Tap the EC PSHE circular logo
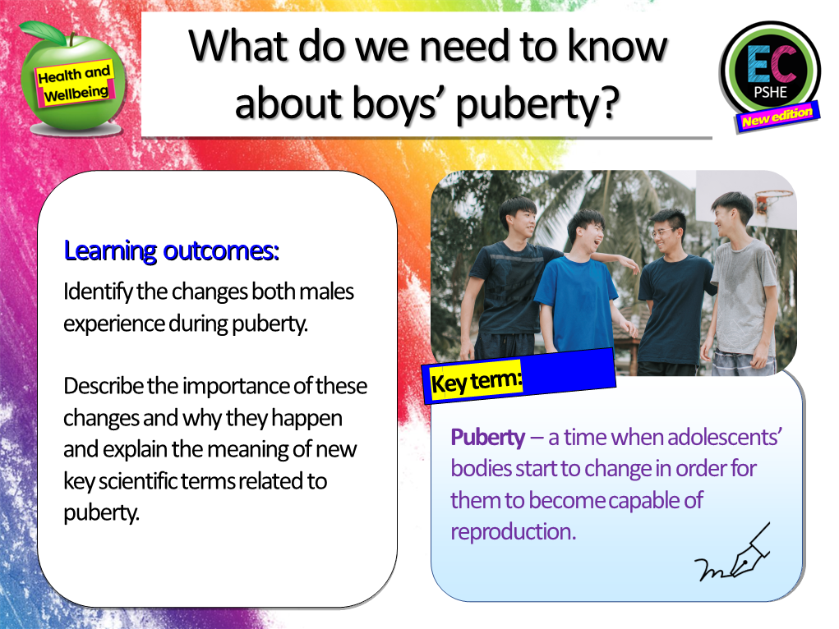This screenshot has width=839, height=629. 769,69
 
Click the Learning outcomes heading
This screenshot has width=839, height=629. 172,251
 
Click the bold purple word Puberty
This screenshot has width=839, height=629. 487,438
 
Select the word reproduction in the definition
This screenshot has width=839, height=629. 513,531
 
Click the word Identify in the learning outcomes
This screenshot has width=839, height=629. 94,292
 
